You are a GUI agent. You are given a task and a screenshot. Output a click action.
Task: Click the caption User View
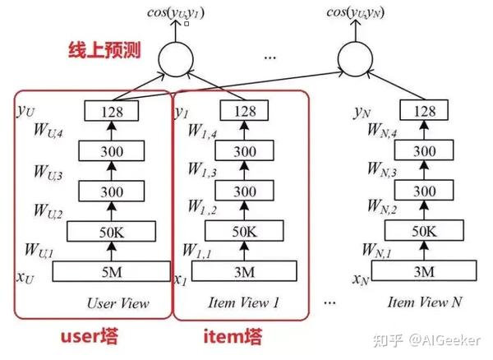point(118,303)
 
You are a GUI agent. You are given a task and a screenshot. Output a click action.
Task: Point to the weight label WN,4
point(375,132)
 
